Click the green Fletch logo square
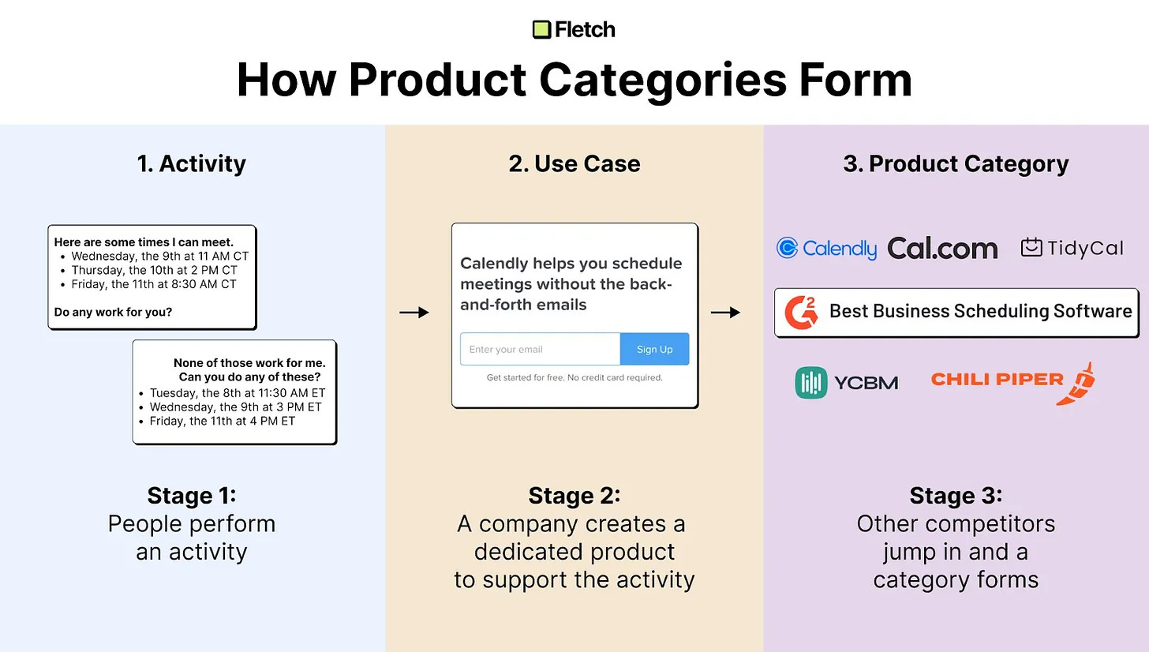[541, 30]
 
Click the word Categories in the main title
[663, 80]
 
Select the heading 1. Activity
[191, 163]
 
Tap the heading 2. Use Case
[574, 163]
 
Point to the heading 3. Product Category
[956, 164]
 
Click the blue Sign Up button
[654, 350]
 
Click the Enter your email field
[540, 350]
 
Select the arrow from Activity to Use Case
[414, 313]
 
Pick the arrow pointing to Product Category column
[725, 313]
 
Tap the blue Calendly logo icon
[788, 249]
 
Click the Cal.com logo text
[943, 249]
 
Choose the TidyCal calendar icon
[1031, 247]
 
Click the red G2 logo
[801, 313]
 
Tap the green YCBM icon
[811, 383]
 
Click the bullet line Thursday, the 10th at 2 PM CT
[155, 270]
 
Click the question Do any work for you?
[114, 312]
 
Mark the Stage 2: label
[574, 496]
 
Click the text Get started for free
[526, 377]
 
